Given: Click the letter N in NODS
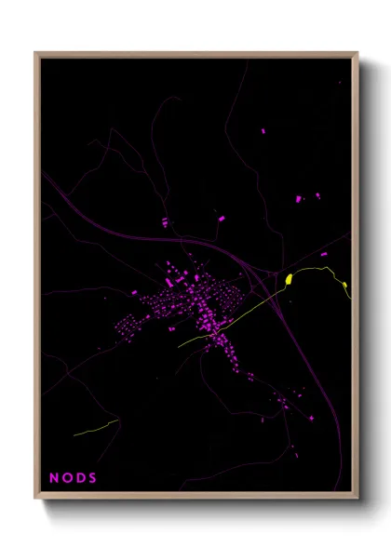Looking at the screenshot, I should pyautogui.click(x=54, y=477).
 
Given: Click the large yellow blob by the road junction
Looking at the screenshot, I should pyautogui.click(x=290, y=278).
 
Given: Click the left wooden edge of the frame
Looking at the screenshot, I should pyautogui.click(x=36, y=279).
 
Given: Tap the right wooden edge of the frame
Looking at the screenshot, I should pyautogui.click(x=356, y=279).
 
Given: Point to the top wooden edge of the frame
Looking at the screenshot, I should pyautogui.click(x=195, y=54).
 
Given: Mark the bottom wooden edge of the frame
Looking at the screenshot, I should pyautogui.click(x=195, y=498).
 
